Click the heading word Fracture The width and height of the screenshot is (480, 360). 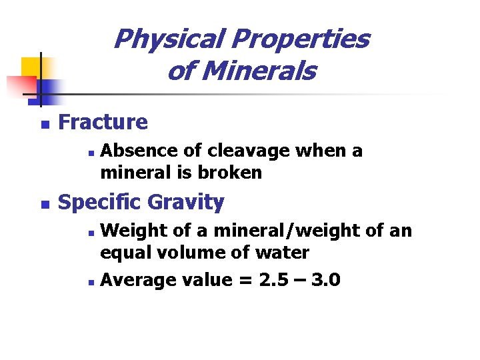(103, 122)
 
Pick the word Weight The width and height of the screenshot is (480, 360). (130, 231)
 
